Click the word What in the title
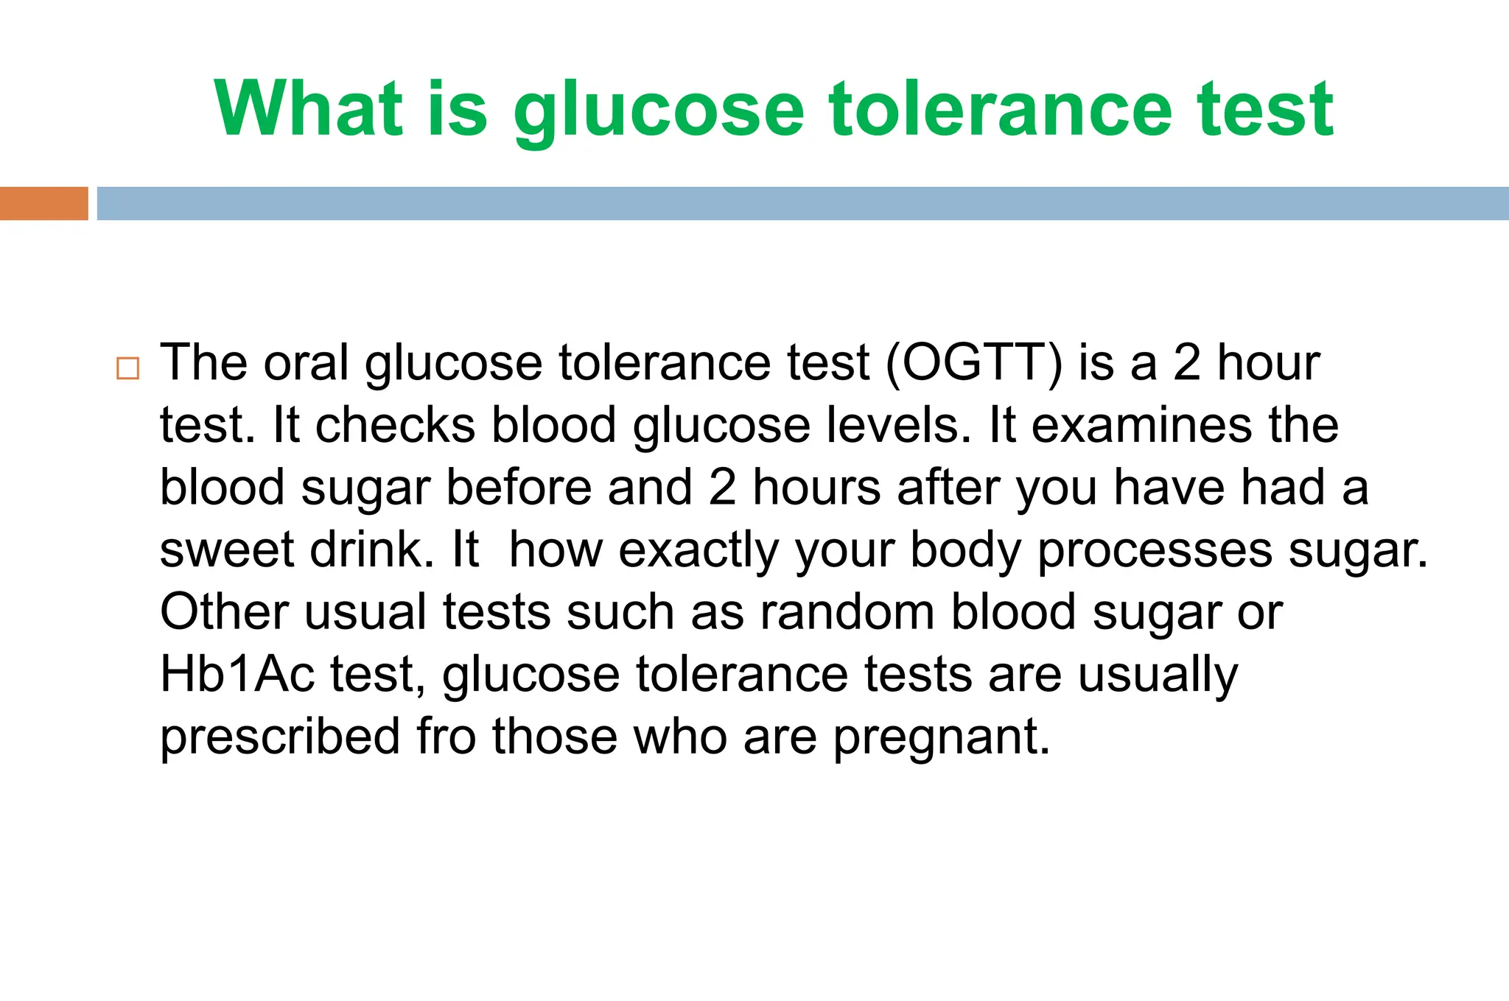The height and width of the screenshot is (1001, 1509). click(x=309, y=109)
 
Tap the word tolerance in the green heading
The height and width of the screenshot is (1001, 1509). click(x=1000, y=109)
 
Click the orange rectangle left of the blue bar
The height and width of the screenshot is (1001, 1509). click(x=43, y=203)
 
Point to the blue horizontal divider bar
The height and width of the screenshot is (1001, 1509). click(x=802, y=203)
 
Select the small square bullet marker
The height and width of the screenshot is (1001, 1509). click(x=127, y=368)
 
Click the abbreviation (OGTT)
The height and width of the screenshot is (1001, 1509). click(x=973, y=363)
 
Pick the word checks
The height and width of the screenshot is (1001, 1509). click(x=395, y=426)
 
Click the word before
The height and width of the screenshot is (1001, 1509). click(x=519, y=488)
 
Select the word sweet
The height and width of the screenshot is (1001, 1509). click(x=226, y=550)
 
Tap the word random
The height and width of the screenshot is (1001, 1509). click(x=847, y=612)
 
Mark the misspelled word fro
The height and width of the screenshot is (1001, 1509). click(x=446, y=737)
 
